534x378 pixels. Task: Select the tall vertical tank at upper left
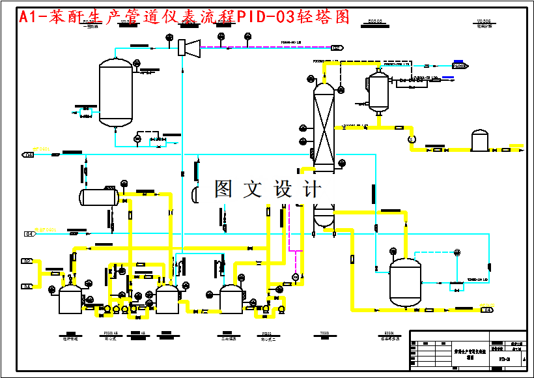tap(115, 93)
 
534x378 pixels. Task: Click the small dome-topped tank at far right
tap(479, 140)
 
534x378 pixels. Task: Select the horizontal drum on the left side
tap(98, 196)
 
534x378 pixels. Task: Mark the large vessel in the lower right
tap(405, 282)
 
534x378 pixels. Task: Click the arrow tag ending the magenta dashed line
tap(337, 48)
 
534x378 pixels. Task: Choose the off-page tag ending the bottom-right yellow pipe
tap(486, 310)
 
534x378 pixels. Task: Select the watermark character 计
tap(312, 190)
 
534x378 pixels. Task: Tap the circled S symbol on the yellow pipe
tap(411, 139)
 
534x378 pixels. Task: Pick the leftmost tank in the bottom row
tap(69, 300)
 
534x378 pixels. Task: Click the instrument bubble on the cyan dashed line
tap(458, 252)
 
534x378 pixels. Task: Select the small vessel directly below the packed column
tap(324, 216)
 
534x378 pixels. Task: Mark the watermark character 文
tap(253, 190)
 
